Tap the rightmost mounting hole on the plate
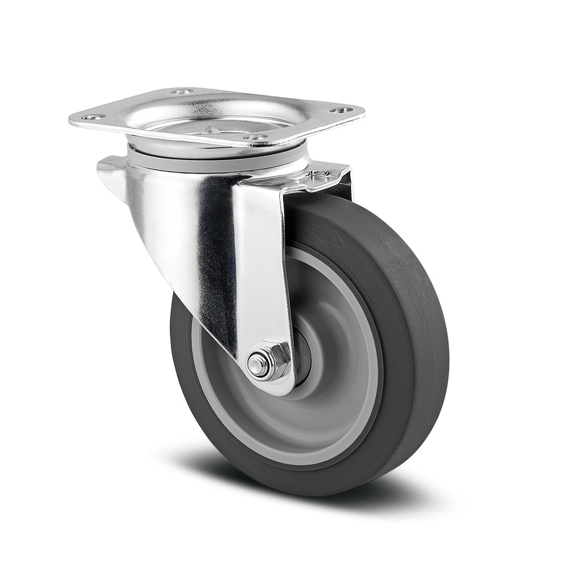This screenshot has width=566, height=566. click(x=342, y=110)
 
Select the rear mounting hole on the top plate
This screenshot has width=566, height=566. click(x=182, y=92)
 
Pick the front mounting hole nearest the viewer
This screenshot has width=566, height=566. click(x=255, y=138)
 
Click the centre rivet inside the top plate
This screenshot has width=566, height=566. click(x=212, y=129)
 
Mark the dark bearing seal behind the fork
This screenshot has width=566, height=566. click(x=303, y=357)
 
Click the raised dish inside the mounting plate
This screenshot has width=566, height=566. click(x=226, y=116)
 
